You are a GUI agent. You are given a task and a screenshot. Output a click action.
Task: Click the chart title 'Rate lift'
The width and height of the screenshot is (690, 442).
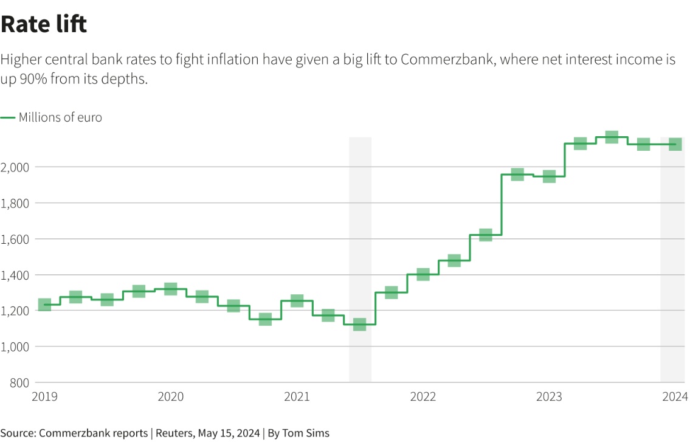pos(44,24)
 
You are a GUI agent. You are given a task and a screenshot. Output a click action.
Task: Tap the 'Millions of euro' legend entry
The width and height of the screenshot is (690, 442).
pos(60,117)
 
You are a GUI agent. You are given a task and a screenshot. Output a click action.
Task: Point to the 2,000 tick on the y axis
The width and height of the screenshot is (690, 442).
pos(15,167)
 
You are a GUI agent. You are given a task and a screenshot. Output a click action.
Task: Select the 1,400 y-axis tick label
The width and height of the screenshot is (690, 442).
pos(15,275)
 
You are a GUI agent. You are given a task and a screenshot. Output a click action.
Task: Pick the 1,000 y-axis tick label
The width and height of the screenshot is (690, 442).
pos(15,347)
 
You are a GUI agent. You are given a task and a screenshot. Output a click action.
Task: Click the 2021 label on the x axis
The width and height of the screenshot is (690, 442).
pos(297,397)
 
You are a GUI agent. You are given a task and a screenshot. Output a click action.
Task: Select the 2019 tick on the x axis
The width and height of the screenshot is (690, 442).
pos(44,397)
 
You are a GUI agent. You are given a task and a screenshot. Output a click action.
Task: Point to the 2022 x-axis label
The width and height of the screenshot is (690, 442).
pos(423,397)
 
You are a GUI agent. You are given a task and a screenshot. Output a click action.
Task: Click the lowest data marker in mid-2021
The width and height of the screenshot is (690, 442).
pos(359,324)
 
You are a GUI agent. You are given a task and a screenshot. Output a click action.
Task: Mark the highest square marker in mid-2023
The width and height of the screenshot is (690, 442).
pos(612,137)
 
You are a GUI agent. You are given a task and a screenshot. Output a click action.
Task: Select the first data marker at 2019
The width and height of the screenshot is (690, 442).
pos(44,305)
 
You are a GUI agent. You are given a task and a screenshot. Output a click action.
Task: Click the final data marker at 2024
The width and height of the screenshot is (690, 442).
pos(675,144)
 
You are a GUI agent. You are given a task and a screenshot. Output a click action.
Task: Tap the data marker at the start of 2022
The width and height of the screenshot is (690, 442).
pos(423,274)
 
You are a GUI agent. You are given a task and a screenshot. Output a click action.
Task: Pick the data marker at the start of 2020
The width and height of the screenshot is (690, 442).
pos(171,289)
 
